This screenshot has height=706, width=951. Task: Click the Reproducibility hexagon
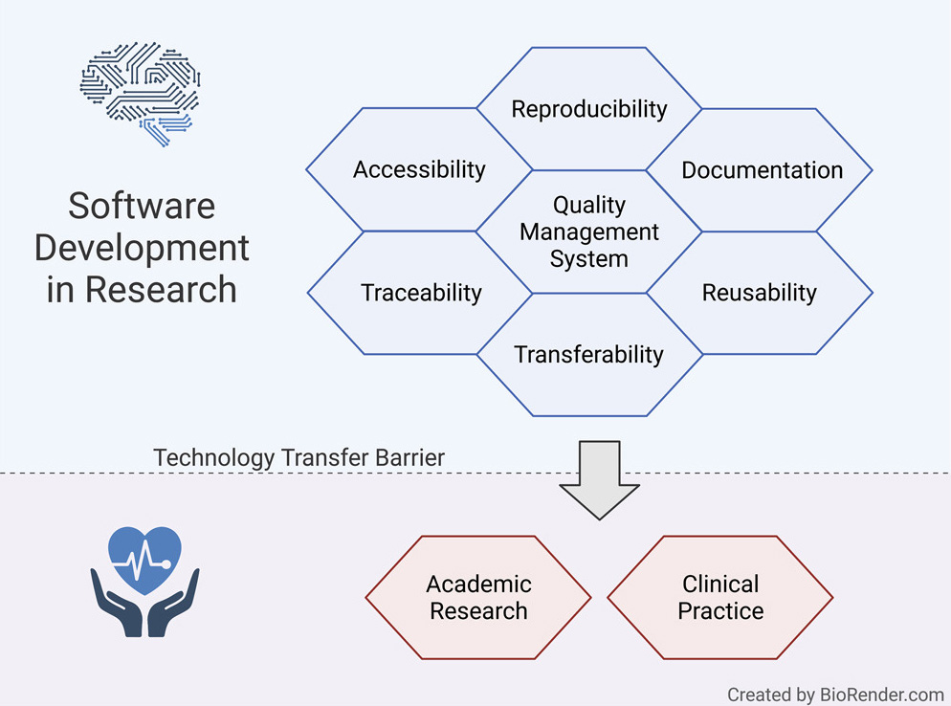pyautogui.click(x=589, y=108)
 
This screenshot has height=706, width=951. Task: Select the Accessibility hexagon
pyautogui.click(x=419, y=169)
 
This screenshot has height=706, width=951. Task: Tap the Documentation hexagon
pyautogui.click(x=760, y=170)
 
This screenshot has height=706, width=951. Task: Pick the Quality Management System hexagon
pyautogui.click(x=589, y=232)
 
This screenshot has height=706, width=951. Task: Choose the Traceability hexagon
pyautogui.click(x=420, y=293)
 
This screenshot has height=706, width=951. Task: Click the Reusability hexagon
pyautogui.click(x=760, y=293)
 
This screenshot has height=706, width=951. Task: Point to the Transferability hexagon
pyautogui.click(x=589, y=355)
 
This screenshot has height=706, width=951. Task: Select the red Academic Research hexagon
pyautogui.click(x=478, y=598)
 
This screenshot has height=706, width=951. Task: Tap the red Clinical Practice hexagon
pyautogui.click(x=719, y=598)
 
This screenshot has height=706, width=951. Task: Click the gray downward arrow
pyautogui.click(x=599, y=479)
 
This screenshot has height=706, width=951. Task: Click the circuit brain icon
pyautogui.click(x=140, y=94)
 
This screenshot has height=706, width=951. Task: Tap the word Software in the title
pyautogui.click(x=142, y=206)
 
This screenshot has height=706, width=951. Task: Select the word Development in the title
pyautogui.click(x=142, y=249)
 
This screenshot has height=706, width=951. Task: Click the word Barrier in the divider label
pyautogui.click(x=410, y=457)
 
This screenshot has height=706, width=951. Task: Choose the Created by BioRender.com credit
pyautogui.click(x=835, y=695)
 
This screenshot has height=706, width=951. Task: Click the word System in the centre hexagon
pyautogui.click(x=589, y=259)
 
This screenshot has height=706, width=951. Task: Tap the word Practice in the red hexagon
pyautogui.click(x=720, y=610)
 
